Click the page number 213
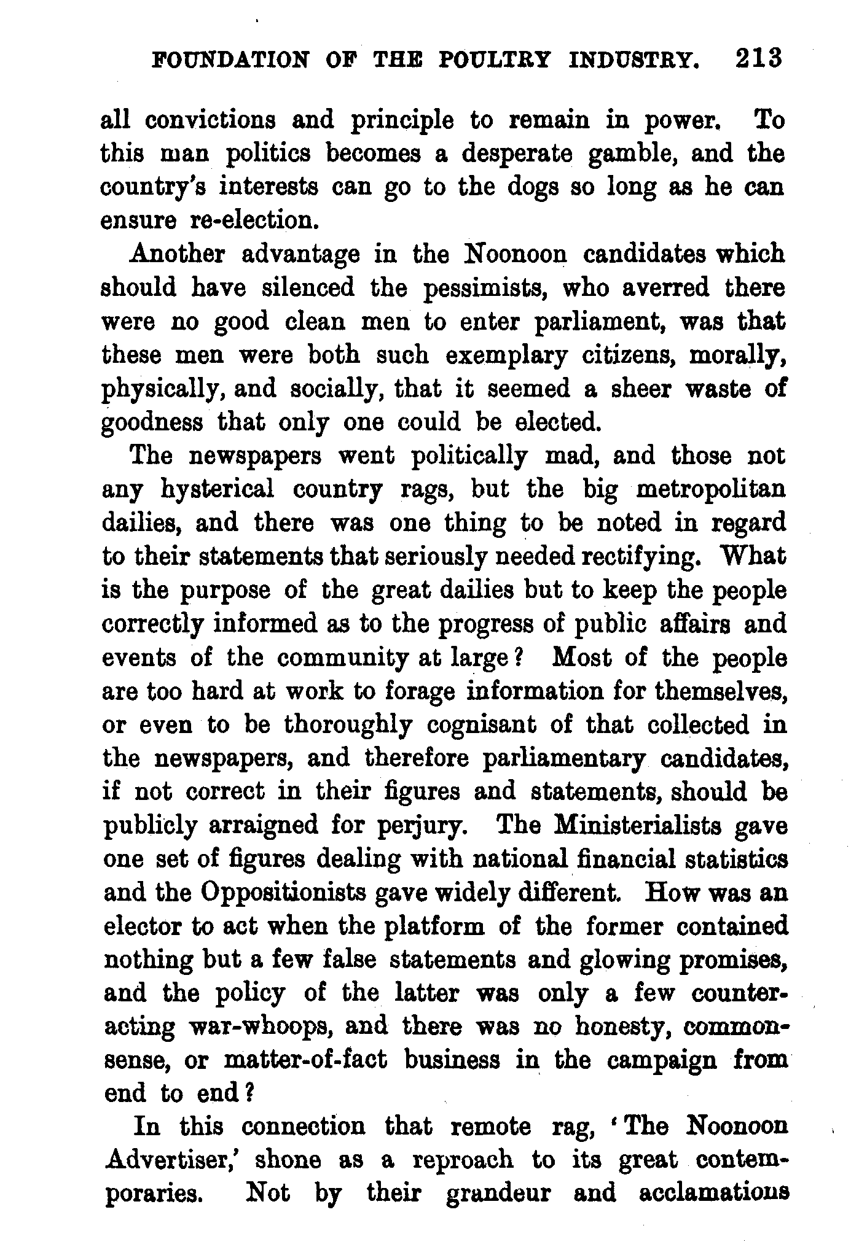point(757,60)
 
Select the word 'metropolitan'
point(710,489)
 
